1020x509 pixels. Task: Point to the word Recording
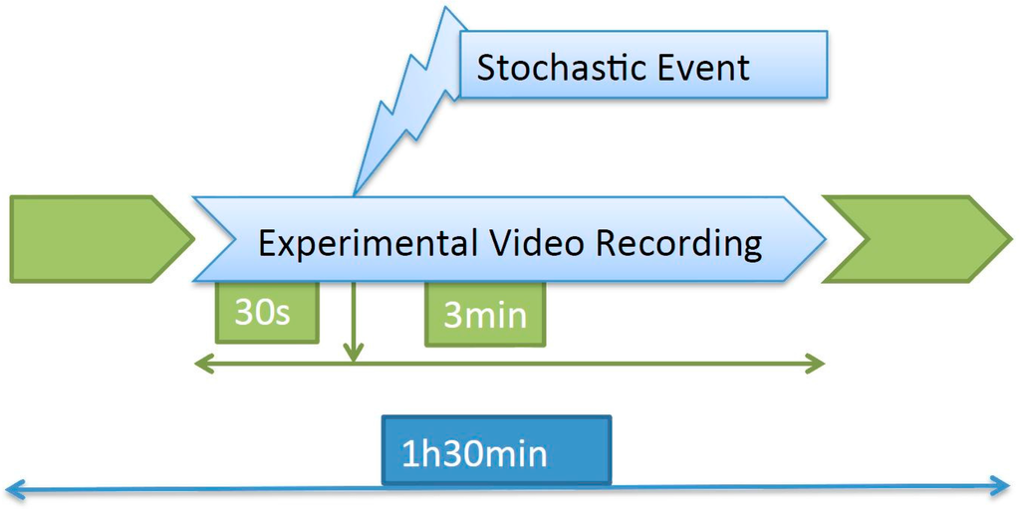pyautogui.click(x=680, y=243)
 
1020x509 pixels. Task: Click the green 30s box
pyautogui.click(x=267, y=312)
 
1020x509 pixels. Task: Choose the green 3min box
pyautogui.click(x=485, y=315)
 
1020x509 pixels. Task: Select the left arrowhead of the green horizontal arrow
pyautogui.click(x=200, y=364)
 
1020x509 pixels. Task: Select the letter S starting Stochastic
pyautogui.click(x=487, y=68)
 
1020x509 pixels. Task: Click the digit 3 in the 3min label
pyautogui.click(x=452, y=316)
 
